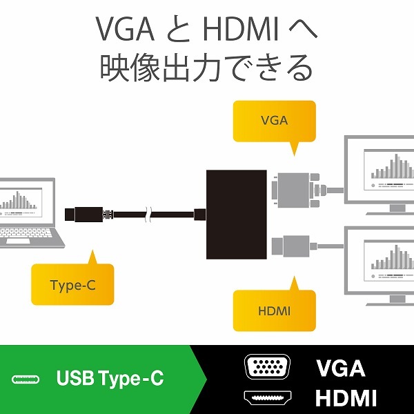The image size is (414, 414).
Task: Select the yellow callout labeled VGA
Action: [x=274, y=121]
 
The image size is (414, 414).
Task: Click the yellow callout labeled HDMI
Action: [x=274, y=311]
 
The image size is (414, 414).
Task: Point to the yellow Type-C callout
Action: [x=72, y=284]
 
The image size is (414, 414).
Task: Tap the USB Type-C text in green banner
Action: [x=110, y=379]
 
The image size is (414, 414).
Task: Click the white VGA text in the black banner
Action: [x=340, y=368]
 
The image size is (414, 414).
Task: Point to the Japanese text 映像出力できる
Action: [x=206, y=69]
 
